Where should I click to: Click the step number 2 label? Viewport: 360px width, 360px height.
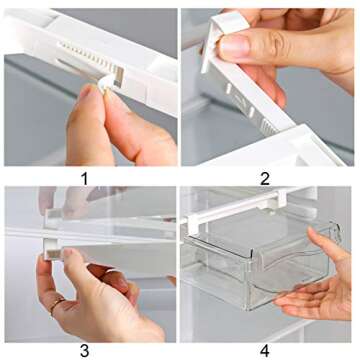pos(265,178)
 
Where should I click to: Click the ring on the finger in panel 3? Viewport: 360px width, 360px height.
pos(57,304)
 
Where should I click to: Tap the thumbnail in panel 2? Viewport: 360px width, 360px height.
pos(233,46)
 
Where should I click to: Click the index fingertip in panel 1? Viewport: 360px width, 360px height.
pos(90,95)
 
